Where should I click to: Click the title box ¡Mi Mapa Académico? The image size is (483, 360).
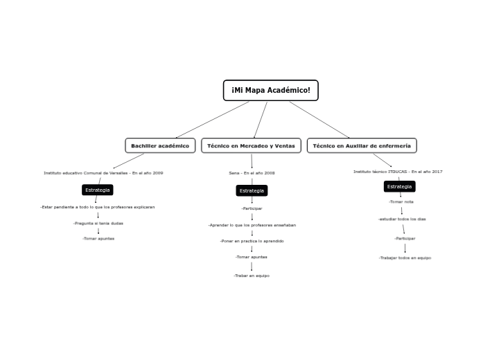[271, 91]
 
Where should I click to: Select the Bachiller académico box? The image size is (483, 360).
[160, 145]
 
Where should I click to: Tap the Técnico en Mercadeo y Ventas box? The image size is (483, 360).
[251, 145]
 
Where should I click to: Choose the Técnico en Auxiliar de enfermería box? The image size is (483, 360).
[362, 145]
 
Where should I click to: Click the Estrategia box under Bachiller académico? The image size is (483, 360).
[97, 190]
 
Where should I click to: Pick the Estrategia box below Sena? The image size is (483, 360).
[252, 190]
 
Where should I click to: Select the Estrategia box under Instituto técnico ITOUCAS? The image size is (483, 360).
[399, 186]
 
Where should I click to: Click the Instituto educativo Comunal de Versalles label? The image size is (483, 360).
[103, 172]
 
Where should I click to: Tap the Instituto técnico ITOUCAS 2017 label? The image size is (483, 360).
[398, 171]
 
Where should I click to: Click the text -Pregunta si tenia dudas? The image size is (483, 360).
[98, 223]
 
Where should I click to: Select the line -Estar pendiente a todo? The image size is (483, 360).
[98, 206]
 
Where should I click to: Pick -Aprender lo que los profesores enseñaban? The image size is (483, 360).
[252, 225]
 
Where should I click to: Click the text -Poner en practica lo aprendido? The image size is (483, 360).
[252, 241]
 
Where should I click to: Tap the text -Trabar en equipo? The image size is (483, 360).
[252, 276]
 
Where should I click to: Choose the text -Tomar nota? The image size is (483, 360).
[401, 201]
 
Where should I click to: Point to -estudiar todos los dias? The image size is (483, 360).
[402, 219]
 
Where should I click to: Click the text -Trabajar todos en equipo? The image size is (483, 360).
[405, 258]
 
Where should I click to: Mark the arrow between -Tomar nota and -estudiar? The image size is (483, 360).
[402, 210]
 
